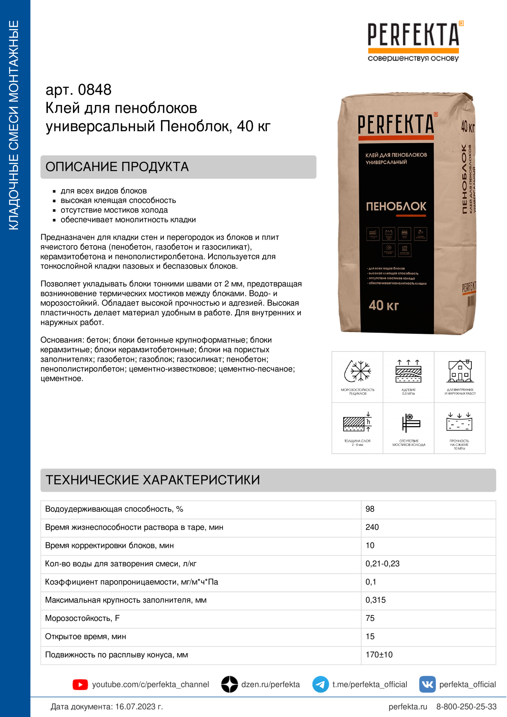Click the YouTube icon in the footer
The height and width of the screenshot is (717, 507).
[x=80, y=685]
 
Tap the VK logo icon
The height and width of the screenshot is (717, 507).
[x=427, y=684]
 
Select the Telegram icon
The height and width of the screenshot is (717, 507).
[x=320, y=684]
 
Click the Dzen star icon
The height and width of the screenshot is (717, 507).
[x=230, y=684]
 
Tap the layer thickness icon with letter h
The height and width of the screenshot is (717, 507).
[x=357, y=422]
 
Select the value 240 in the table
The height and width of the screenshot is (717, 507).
[x=372, y=528]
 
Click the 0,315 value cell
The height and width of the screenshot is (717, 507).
[x=375, y=600]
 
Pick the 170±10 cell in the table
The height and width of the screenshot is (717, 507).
[x=379, y=655]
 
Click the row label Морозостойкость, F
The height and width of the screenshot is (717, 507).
[x=83, y=618]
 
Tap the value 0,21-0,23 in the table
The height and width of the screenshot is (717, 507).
[x=382, y=564]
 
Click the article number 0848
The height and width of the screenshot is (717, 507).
[x=94, y=90]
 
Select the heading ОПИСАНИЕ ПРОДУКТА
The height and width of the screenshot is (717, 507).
[x=117, y=167]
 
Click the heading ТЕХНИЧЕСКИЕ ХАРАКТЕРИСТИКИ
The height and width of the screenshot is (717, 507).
[x=153, y=480]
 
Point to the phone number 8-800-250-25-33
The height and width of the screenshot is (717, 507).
[x=466, y=707]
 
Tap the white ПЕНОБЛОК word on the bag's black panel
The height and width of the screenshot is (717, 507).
[x=396, y=206]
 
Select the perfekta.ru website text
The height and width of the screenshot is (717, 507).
[x=408, y=707]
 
